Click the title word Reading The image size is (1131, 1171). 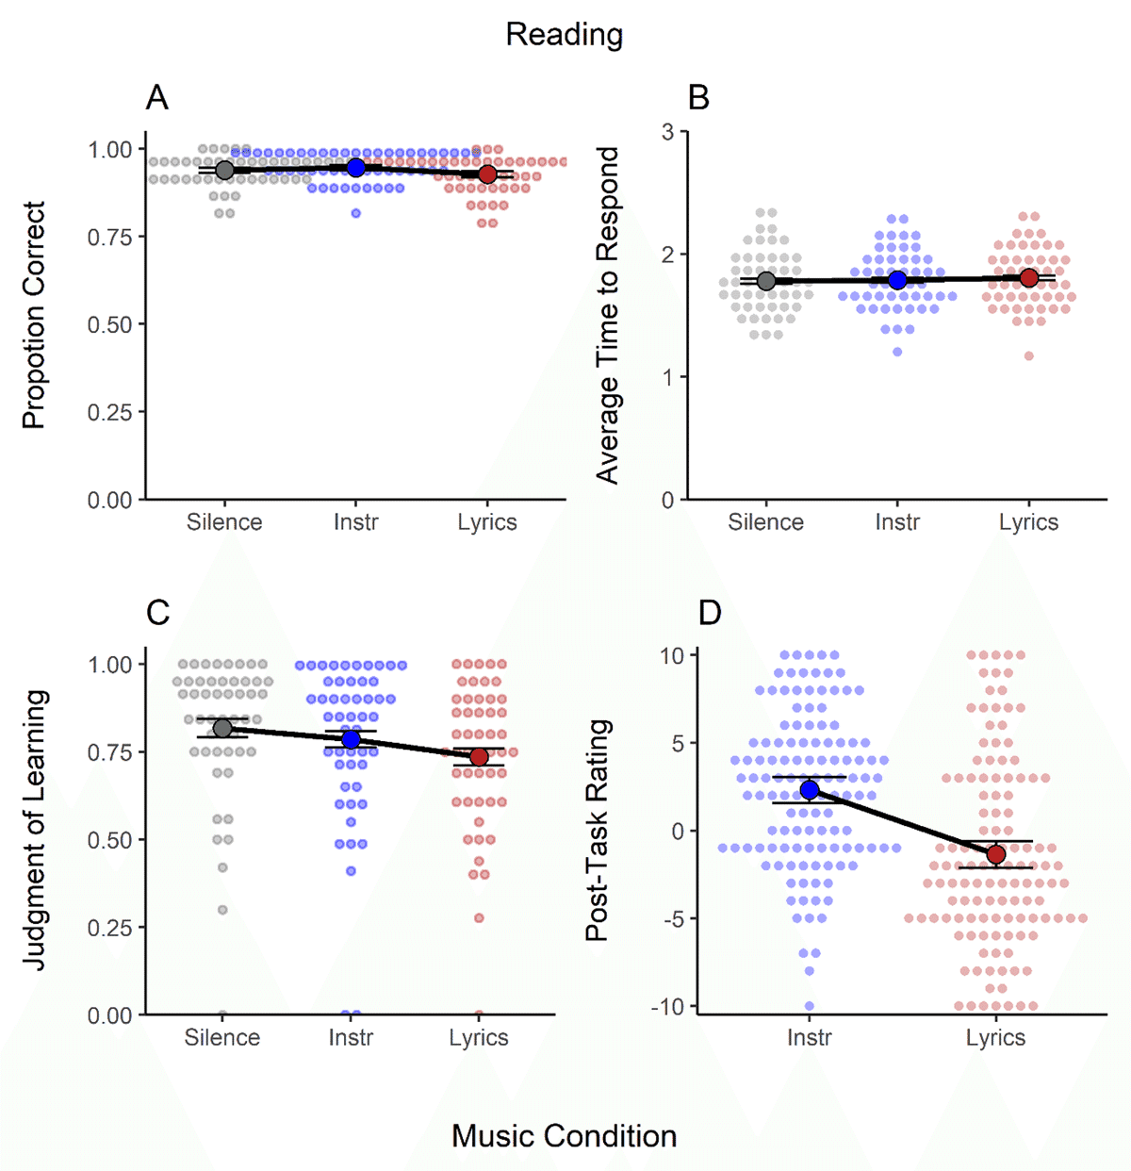564,35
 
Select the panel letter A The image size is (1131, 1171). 157,97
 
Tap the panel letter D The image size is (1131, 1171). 709,613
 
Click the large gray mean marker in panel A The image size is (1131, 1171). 224,170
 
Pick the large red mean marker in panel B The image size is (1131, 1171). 1028,277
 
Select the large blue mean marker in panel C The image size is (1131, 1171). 352,739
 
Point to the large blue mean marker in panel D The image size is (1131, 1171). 810,790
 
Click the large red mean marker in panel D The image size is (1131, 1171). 995,854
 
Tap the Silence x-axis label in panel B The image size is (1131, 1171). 765,522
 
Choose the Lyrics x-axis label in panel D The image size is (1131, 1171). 995,1038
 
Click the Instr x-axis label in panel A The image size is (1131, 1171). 355,522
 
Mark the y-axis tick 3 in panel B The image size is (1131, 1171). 667,132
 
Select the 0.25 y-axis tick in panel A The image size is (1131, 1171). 110,412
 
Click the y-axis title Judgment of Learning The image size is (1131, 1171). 35,830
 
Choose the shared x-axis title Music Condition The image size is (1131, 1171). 564,1136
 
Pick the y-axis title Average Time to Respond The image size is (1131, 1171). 608,315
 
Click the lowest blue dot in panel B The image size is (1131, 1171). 897,352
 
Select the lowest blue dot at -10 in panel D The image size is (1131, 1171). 810,1006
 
